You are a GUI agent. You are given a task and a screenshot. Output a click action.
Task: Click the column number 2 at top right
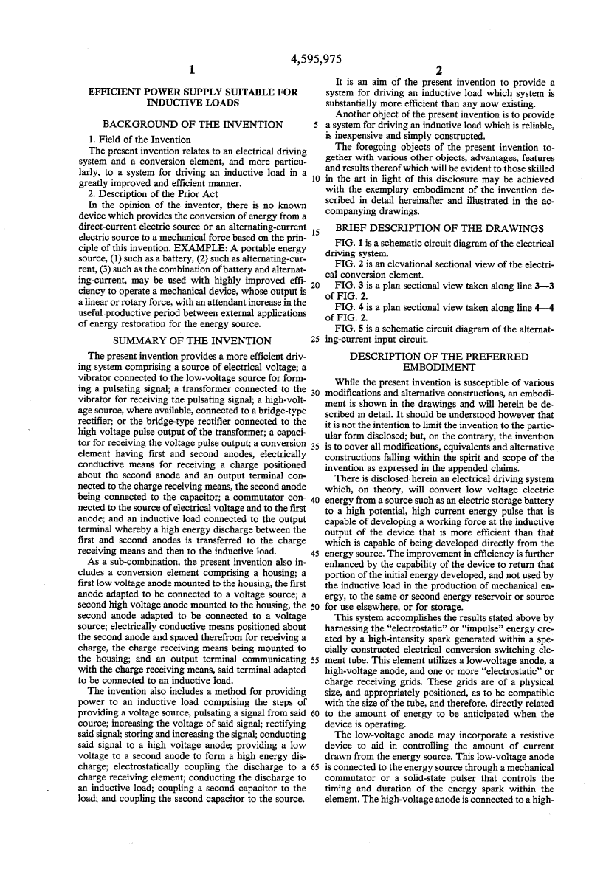[x=438, y=71]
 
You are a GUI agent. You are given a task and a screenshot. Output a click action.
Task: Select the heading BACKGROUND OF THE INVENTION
[x=192, y=124]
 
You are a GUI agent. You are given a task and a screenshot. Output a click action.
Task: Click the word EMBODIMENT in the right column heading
[x=439, y=367]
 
